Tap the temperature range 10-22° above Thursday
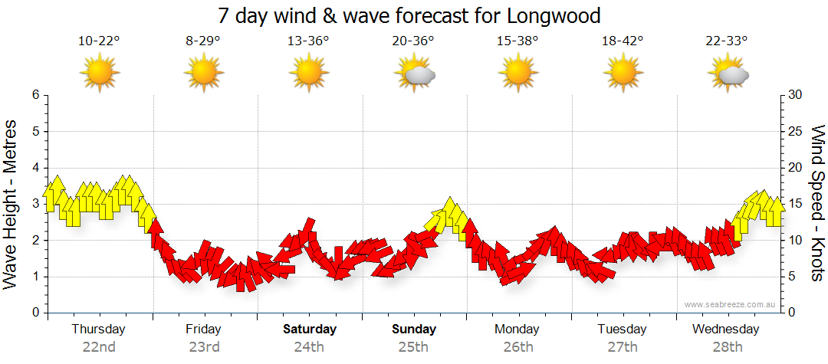99,41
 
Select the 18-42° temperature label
623,41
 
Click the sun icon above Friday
203,73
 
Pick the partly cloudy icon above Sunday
415,74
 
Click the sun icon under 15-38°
518,73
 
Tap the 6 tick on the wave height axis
34,95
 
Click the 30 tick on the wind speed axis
796,95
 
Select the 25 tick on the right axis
796,131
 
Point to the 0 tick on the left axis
34,313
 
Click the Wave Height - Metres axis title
11,204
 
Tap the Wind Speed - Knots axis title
817,204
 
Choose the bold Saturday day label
309,330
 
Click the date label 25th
413,346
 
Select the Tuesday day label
623,330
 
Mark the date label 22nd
99,346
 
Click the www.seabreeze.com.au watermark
731,305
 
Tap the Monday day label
517,330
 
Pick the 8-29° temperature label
203,41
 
